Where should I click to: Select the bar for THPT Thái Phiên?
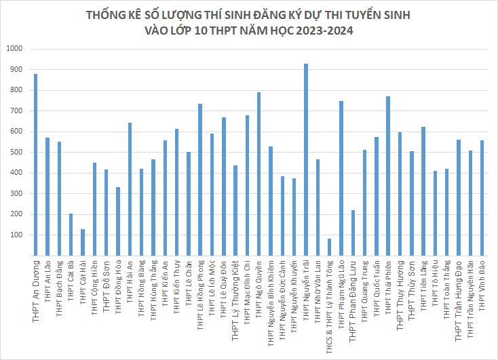(x=388, y=176)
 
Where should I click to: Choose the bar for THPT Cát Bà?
(x=71, y=235)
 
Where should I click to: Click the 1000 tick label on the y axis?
(x=14, y=49)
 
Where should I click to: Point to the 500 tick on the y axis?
(x=16, y=153)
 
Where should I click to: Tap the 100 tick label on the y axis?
(x=16, y=235)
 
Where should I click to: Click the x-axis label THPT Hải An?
(x=130, y=279)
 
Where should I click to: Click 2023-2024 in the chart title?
(x=323, y=31)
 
